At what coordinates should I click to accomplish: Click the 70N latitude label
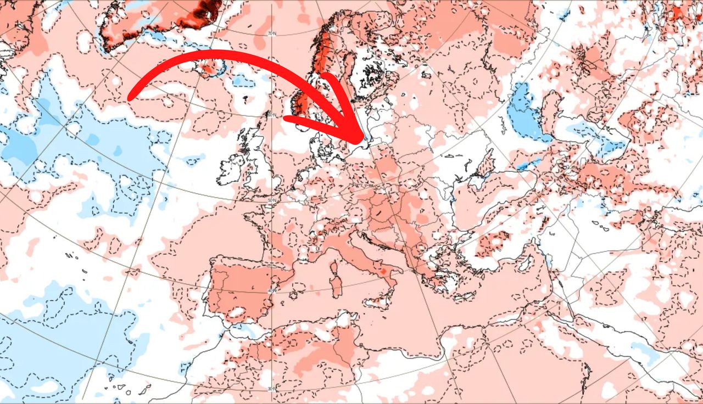(x=271, y=34)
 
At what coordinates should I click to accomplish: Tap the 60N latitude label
(x=272, y=115)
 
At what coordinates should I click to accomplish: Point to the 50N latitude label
(x=271, y=201)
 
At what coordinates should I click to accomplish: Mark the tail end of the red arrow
(x=131, y=98)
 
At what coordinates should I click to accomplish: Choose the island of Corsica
(x=334, y=269)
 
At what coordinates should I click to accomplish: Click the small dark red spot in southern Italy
(x=383, y=272)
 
